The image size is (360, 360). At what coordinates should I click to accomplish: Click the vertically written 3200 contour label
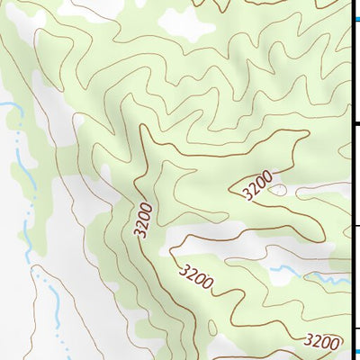[x=145, y=219]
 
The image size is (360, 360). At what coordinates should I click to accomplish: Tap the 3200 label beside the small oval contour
[x=256, y=186]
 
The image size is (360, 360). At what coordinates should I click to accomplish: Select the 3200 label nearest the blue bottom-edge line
[x=322, y=341]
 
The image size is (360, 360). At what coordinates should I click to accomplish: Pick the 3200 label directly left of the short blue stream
[x=195, y=276]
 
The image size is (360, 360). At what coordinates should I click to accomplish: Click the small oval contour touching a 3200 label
[x=277, y=190]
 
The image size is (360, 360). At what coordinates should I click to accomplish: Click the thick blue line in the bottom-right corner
[x=355, y=352]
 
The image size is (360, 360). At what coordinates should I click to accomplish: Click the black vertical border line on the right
[x=350, y=180]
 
